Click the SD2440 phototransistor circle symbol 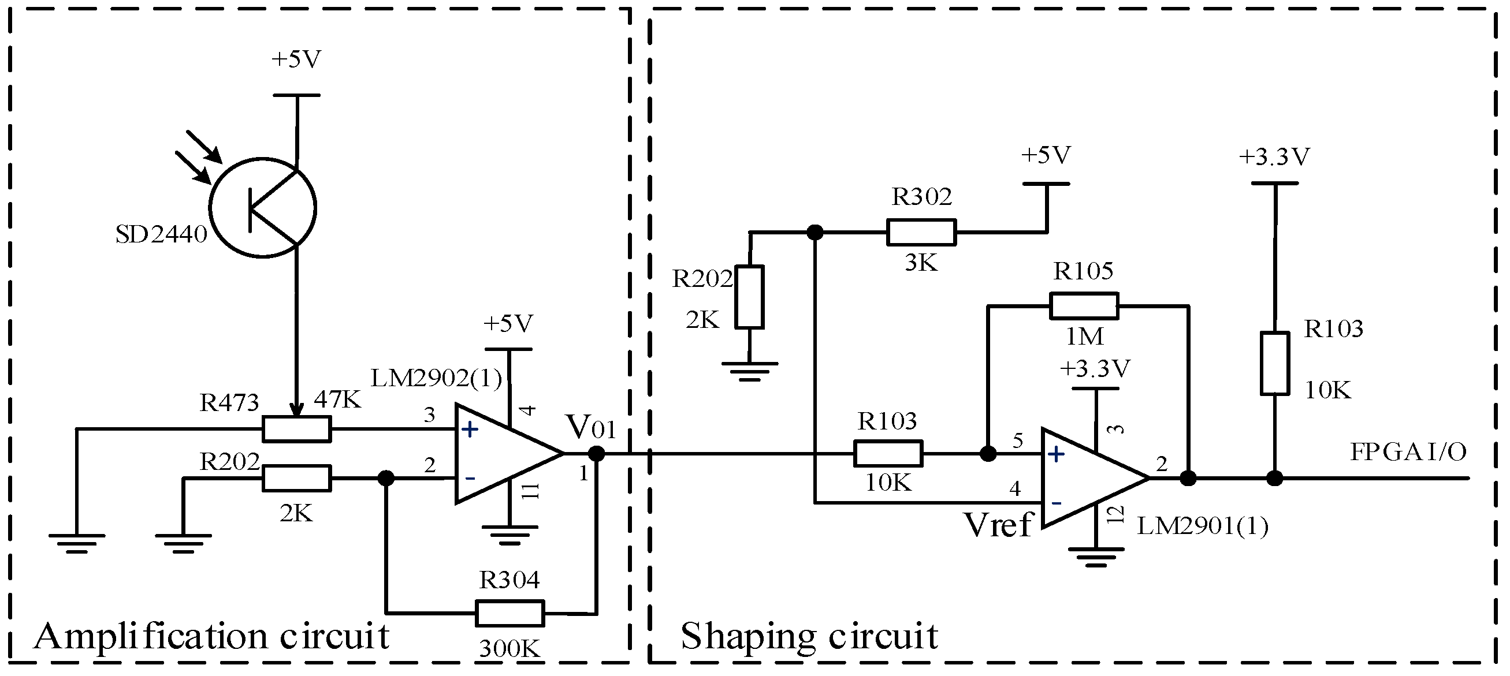tap(263, 207)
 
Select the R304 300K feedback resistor tap(509, 612)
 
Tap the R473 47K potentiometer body tap(296, 429)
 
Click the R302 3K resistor tap(921, 232)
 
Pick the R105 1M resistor tap(1084, 306)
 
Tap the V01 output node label tap(590, 428)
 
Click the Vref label tap(998, 525)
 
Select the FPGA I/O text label tap(1408, 451)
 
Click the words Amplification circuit tap(211, 636)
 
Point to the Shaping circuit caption tap(809, 636)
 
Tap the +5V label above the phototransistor tap(296, 59)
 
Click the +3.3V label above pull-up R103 tap(1274, 156)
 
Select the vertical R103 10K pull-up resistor tap(1274, 363)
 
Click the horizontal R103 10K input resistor tap(888, 453)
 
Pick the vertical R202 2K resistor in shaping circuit tap(749, 296)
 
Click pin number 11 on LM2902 tap(530, 491)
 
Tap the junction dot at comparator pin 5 tap(988, 453)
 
